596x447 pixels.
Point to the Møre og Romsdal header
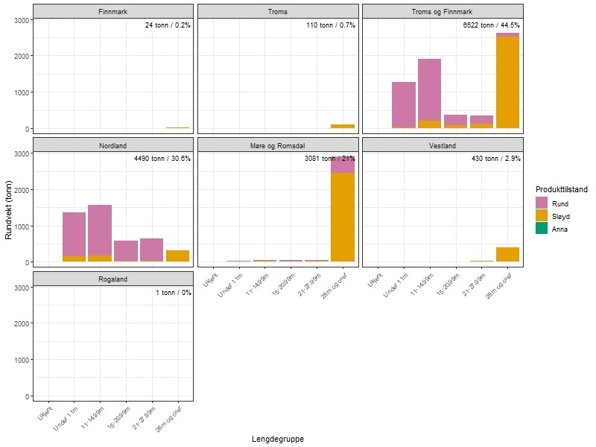[278, 145]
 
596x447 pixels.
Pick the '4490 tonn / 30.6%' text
[162, 159]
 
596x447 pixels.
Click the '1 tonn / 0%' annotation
[173, 293]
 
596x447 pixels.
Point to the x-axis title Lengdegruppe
[278, 439]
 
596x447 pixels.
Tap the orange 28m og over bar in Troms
[343, 126]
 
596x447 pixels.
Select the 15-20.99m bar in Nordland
[126, 251]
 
